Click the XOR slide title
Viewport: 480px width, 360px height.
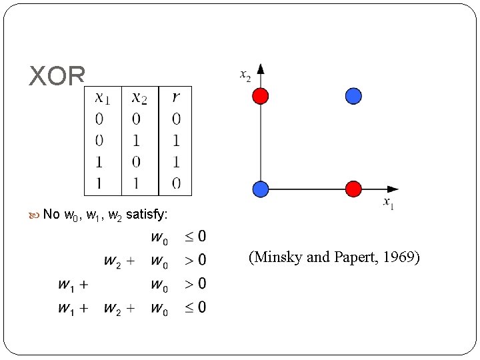pos(57,76)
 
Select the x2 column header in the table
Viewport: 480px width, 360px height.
pos(139,98)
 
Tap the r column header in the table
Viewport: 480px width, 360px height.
pos(175,98)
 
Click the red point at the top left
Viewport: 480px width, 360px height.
pos(261,96)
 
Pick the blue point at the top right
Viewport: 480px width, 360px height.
pos(353,96)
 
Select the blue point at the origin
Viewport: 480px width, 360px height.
pos(261,189)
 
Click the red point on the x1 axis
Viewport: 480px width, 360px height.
pos(353,189)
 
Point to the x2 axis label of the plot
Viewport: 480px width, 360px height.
pos(245,75)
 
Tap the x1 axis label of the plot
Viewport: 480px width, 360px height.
pos(388,203)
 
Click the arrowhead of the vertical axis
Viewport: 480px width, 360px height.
pos(261,69)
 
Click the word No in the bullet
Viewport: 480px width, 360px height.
pos(51,215)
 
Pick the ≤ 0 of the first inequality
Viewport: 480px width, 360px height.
pos(195,237)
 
